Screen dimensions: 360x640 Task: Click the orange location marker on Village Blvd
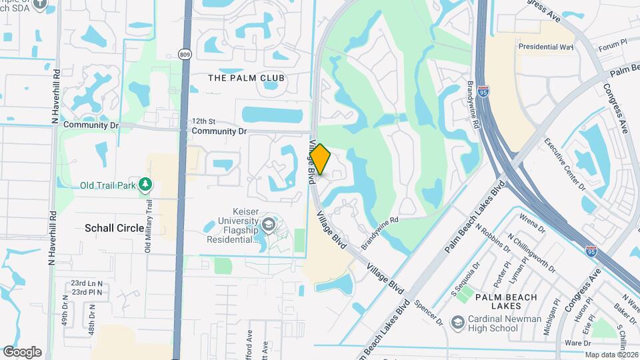click(321, 159)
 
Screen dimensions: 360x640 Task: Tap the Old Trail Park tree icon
click(145, 185)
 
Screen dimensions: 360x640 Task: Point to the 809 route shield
click(185, 55)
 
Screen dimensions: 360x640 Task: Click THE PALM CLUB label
click(247, 78)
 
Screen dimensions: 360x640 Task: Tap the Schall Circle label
click(114, 228)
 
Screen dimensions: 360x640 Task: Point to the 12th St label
click(203, 121)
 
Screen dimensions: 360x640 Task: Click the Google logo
click(22, 352)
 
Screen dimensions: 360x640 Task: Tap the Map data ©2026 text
click(611, 355)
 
